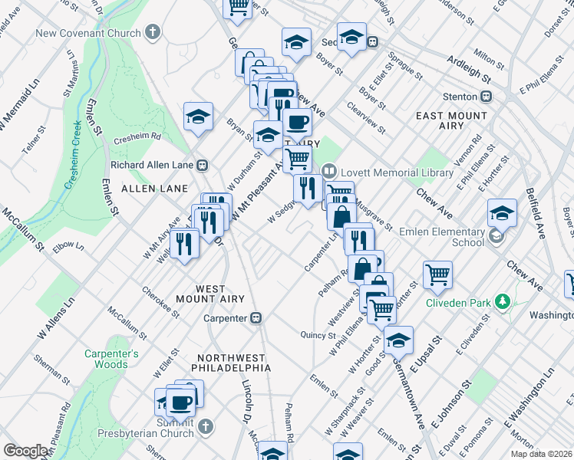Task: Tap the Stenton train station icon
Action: [485, 97]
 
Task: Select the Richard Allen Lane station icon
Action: [203, 164]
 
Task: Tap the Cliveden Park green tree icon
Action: [502, 302]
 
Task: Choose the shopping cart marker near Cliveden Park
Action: [437, 274]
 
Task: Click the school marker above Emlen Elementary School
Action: [502, 212]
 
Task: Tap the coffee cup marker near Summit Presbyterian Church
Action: [181, 401]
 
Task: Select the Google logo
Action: [26, 451]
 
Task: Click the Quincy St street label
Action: [318, 335]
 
